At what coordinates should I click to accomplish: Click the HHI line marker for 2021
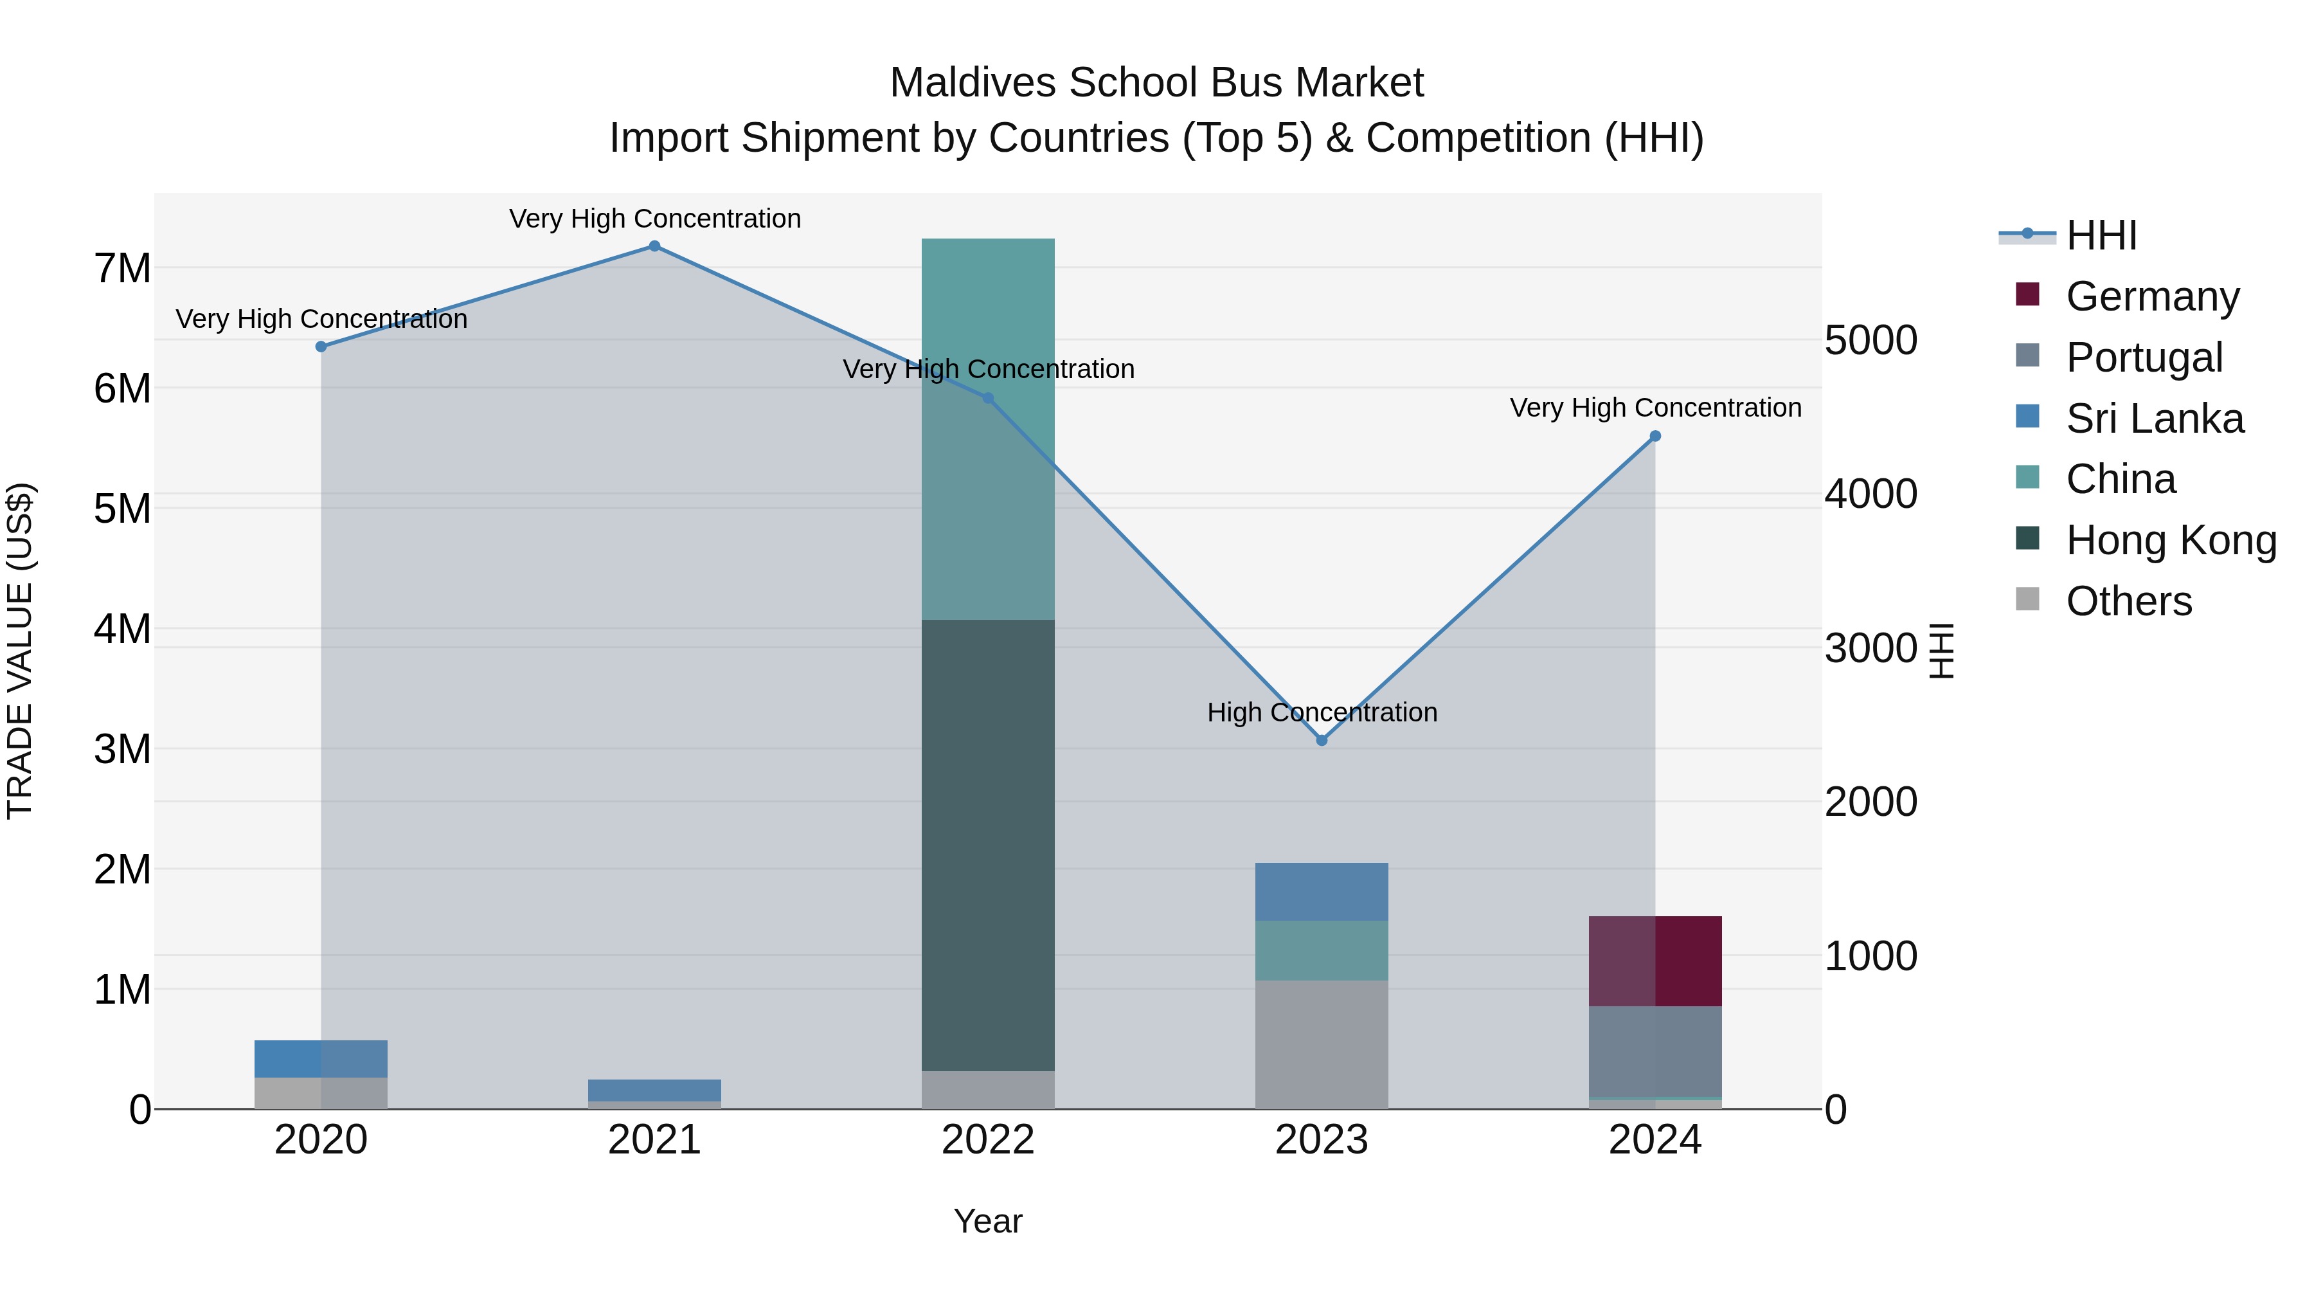pos(654,246)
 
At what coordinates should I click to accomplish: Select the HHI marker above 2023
pos(1322,741)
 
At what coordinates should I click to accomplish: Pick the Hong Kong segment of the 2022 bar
pos(988,845)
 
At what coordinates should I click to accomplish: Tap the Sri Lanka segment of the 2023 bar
pos(1322,891)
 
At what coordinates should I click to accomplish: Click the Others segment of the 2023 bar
pos(1322,1044)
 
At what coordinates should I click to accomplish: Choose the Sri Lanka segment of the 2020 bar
pos(321,1058)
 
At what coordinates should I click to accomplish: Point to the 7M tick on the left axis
pos(122,267)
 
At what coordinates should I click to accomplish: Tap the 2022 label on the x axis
pos(988,1140)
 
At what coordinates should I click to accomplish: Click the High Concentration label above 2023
pos(1322,712)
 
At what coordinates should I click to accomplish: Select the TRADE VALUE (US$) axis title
pos(20,651)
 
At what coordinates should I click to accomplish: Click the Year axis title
pos(988,1221)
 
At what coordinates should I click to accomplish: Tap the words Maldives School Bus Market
pos(1156,83)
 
